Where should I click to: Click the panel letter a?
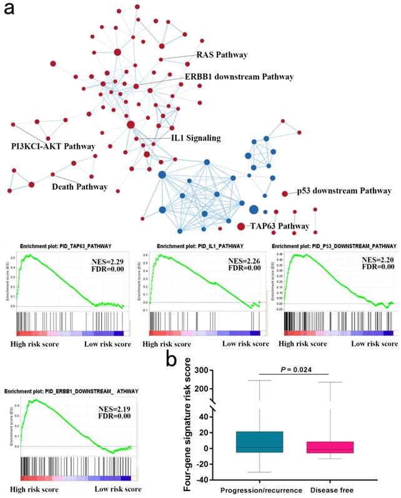[x=11, y=11]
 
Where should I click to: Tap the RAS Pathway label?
[x=222, y=55]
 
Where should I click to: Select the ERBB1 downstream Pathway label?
[x=239, y=77]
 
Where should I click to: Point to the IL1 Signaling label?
[x=196, y=137]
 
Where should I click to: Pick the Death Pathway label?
[x=79, y=186]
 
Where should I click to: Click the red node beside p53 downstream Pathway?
[x=285, y=194]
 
